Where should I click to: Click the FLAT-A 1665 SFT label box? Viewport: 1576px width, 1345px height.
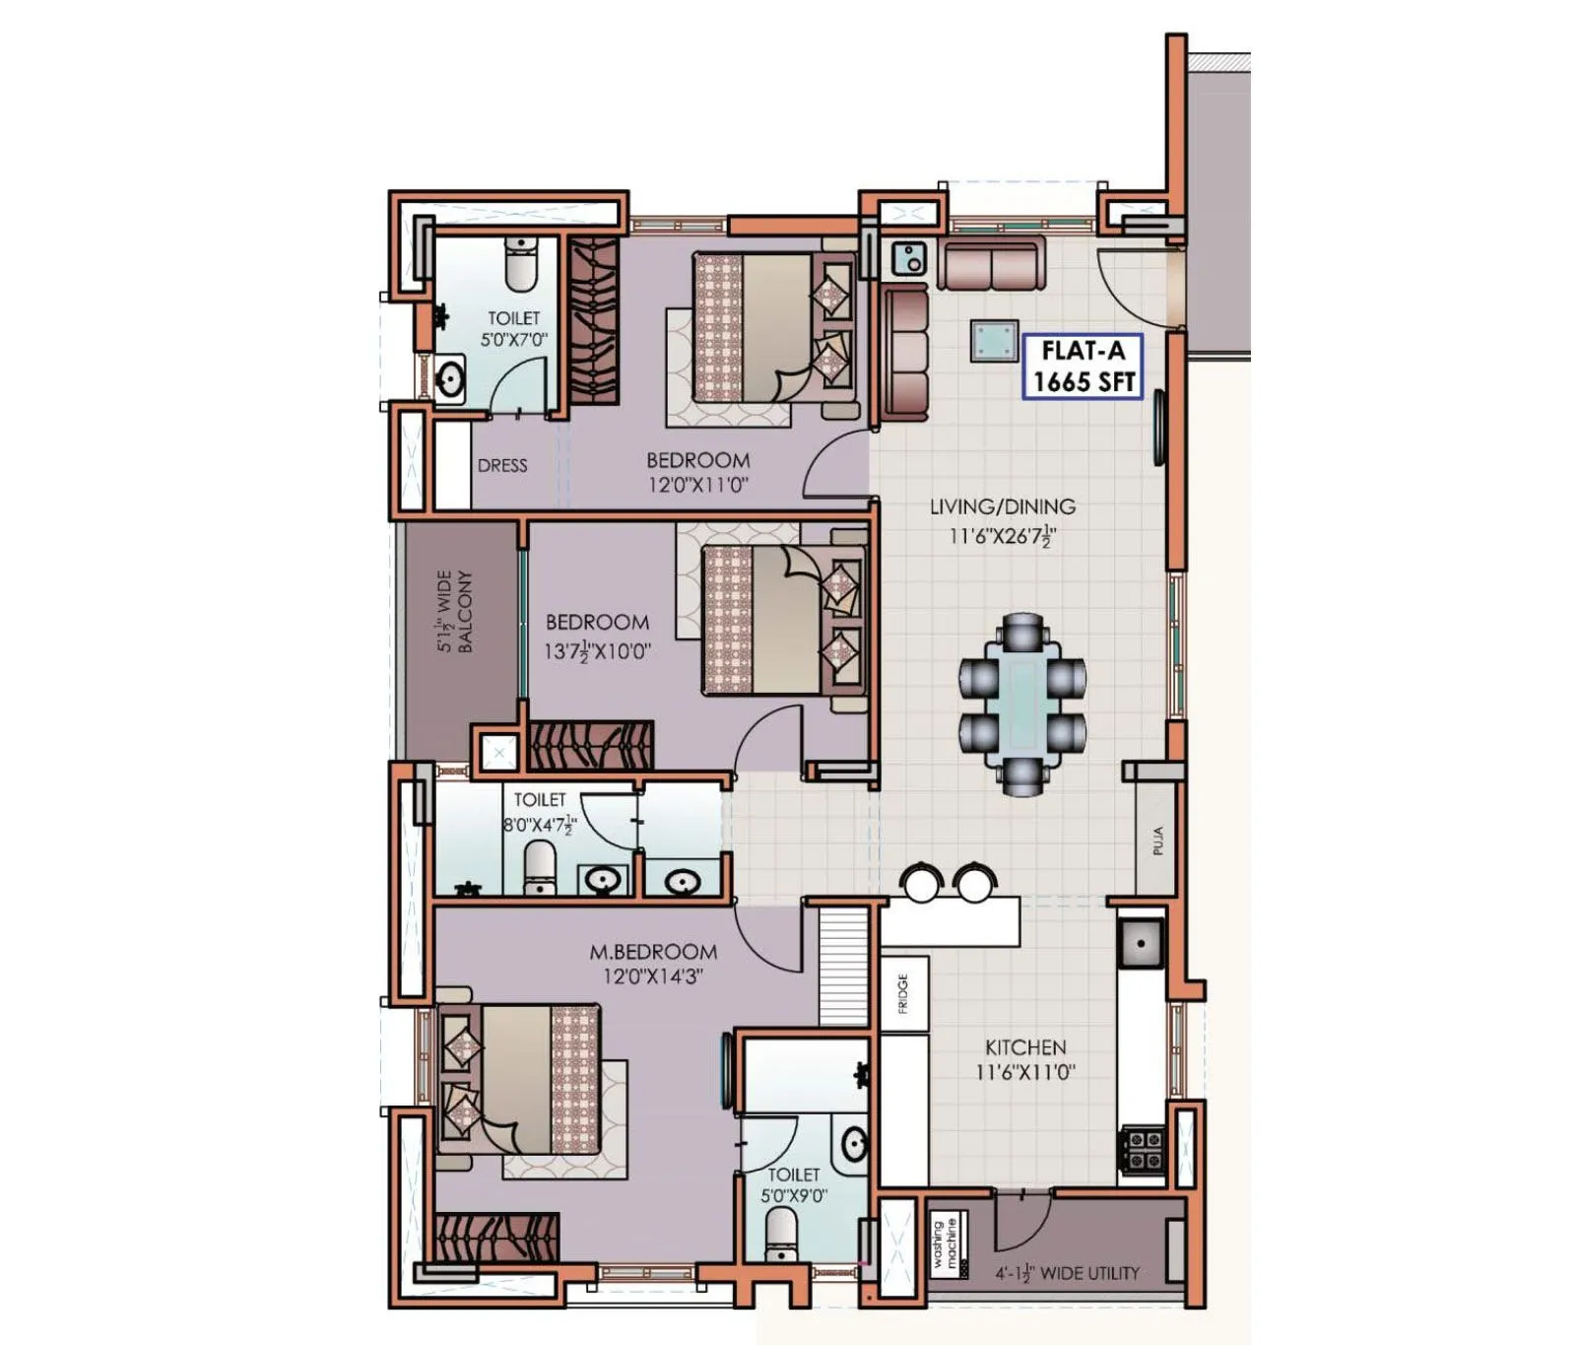coord(1083,367)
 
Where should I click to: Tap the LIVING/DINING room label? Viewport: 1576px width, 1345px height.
coord(1002,506)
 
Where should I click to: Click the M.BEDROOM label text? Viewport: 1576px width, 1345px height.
coord(653,952)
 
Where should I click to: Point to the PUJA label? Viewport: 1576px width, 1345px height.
coord(1157,840)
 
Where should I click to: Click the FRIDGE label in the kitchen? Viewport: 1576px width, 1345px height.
coord(903,993)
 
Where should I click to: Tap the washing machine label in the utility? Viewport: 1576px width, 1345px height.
coord(945,1244)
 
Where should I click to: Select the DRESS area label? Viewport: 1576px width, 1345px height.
coord(502,466)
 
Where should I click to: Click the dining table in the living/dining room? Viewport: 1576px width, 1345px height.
coord(1022,704)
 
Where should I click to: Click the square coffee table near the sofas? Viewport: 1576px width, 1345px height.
coord(994,341)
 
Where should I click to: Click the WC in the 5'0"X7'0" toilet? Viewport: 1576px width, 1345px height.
coord(520,264)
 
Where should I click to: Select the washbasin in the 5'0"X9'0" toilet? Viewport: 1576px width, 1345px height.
coord(853,1144)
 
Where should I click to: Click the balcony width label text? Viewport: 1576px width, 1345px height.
coord(455,611)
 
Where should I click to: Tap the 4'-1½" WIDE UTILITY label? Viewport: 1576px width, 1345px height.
coord(1067,1273)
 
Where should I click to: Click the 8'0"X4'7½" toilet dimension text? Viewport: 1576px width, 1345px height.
coord(539,826)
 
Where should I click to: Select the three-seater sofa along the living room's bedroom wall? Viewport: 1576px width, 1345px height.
coord(905,352)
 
